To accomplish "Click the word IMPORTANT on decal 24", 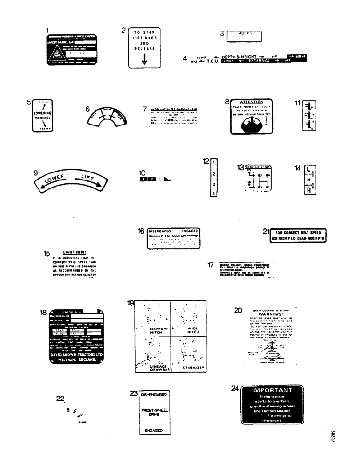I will (x=272, y=390).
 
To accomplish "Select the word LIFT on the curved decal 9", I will (x=88, y=177).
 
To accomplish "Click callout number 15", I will (x=47, y=254).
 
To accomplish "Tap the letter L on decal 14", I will (x=309, y=168).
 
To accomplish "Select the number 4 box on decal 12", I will (x=213, y=193).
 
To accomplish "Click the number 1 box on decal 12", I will (x=213, y=162).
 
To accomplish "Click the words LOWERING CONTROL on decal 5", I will (x=41, y=116).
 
